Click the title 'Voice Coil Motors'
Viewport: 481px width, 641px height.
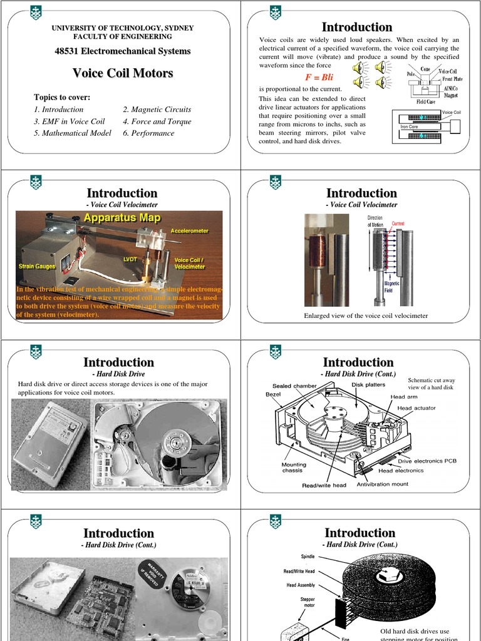[122, 73]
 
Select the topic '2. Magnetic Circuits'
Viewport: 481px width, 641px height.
[157, 110]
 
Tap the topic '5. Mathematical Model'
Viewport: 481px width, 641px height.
[72, 133]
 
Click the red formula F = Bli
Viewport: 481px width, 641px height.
[319, 77]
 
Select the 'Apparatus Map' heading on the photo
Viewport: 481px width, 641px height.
[122, 218]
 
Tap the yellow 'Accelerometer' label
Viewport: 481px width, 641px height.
[189, 231]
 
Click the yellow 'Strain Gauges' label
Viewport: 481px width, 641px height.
[36, 266]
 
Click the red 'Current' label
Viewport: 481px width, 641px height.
[398, 223]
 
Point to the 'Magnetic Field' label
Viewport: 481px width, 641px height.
[391, 287]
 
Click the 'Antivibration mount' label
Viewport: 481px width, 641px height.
[382, 484]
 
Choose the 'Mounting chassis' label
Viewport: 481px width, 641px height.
[294, 468]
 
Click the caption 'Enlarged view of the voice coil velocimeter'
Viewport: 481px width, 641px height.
[366, 315]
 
